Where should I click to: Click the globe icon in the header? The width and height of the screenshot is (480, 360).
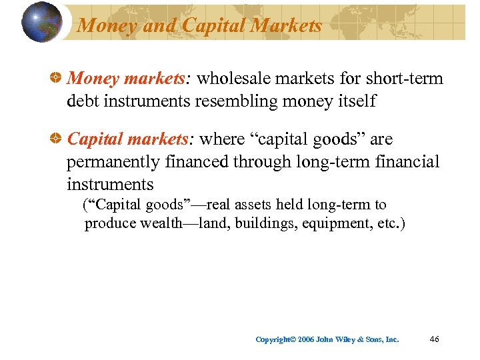[41, 22]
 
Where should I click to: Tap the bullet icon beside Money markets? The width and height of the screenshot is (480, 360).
[58, 79]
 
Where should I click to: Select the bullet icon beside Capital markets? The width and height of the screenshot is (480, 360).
[58, 139]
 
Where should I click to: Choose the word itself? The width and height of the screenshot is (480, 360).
[354, 101]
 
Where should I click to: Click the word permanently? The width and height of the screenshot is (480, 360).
[117, 162]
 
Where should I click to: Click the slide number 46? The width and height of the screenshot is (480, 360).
[435, 339]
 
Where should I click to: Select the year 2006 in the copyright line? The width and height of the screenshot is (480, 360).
[305, 340]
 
